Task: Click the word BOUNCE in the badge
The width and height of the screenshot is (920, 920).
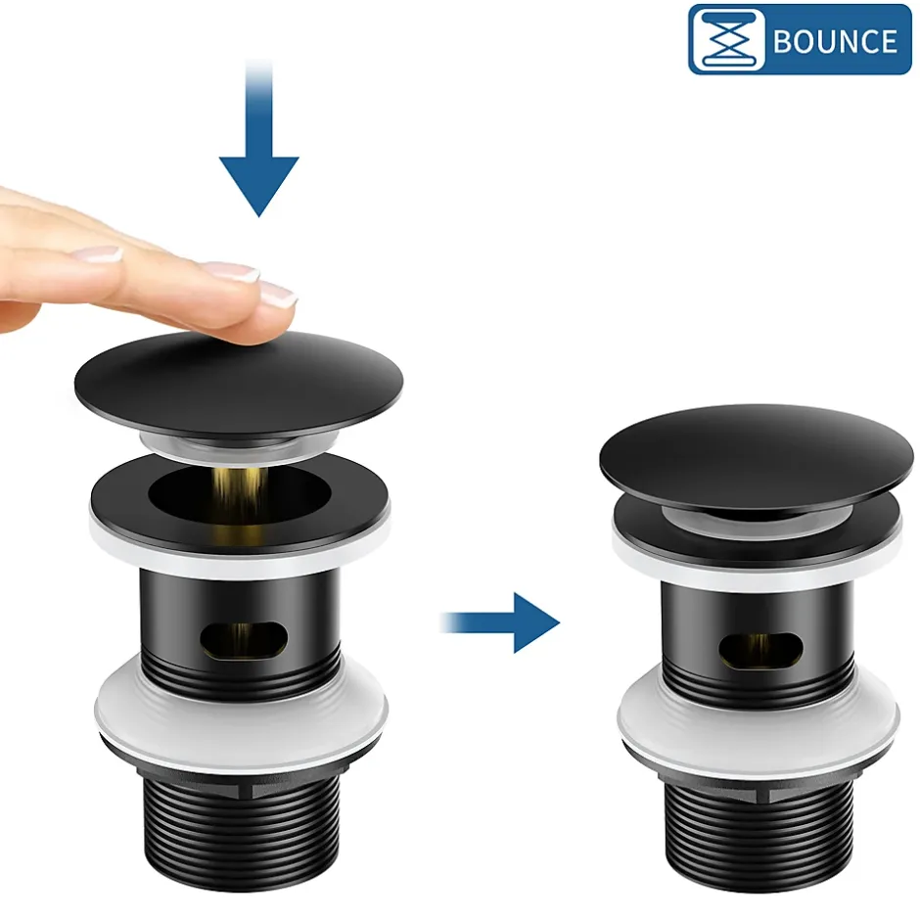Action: click(x=835, y=41)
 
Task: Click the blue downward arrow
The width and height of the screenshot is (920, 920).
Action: click(x=258, y=138)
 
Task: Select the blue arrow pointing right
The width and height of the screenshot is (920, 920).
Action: click(x=500, y=622)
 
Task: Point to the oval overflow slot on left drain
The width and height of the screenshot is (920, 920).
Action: click(x=244, y=639)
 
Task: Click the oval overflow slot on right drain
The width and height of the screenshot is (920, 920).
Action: click(x=760, y=651)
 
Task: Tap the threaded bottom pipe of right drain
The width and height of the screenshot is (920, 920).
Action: click(x=759, y=836)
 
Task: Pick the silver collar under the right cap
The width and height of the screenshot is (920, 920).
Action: click(x=757, y=517)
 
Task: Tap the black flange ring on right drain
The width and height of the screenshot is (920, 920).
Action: click(x=757, y=531)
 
